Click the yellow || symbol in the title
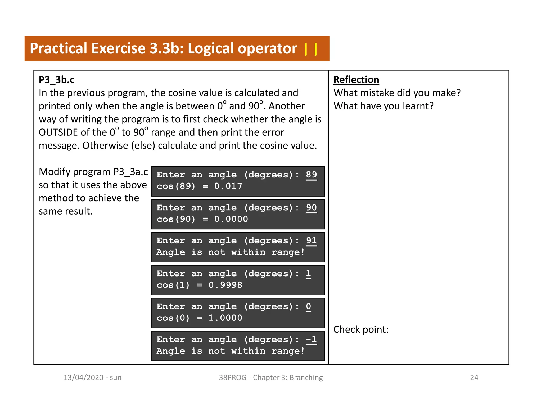point(311,49)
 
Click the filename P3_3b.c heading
point(56,80)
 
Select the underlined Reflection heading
point(356,80)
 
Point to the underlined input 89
point(311,175)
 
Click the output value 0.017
point(228,186)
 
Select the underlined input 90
point(311,208)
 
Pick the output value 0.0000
point(231,219)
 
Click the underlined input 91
point(311,240)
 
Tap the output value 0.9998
point(225,285)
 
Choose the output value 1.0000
point(225,318)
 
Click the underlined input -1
point(311,340)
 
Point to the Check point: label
point(361,329)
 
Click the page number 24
point(474,377)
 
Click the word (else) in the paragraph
point(143,145)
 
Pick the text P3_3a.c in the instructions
point(131,172)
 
